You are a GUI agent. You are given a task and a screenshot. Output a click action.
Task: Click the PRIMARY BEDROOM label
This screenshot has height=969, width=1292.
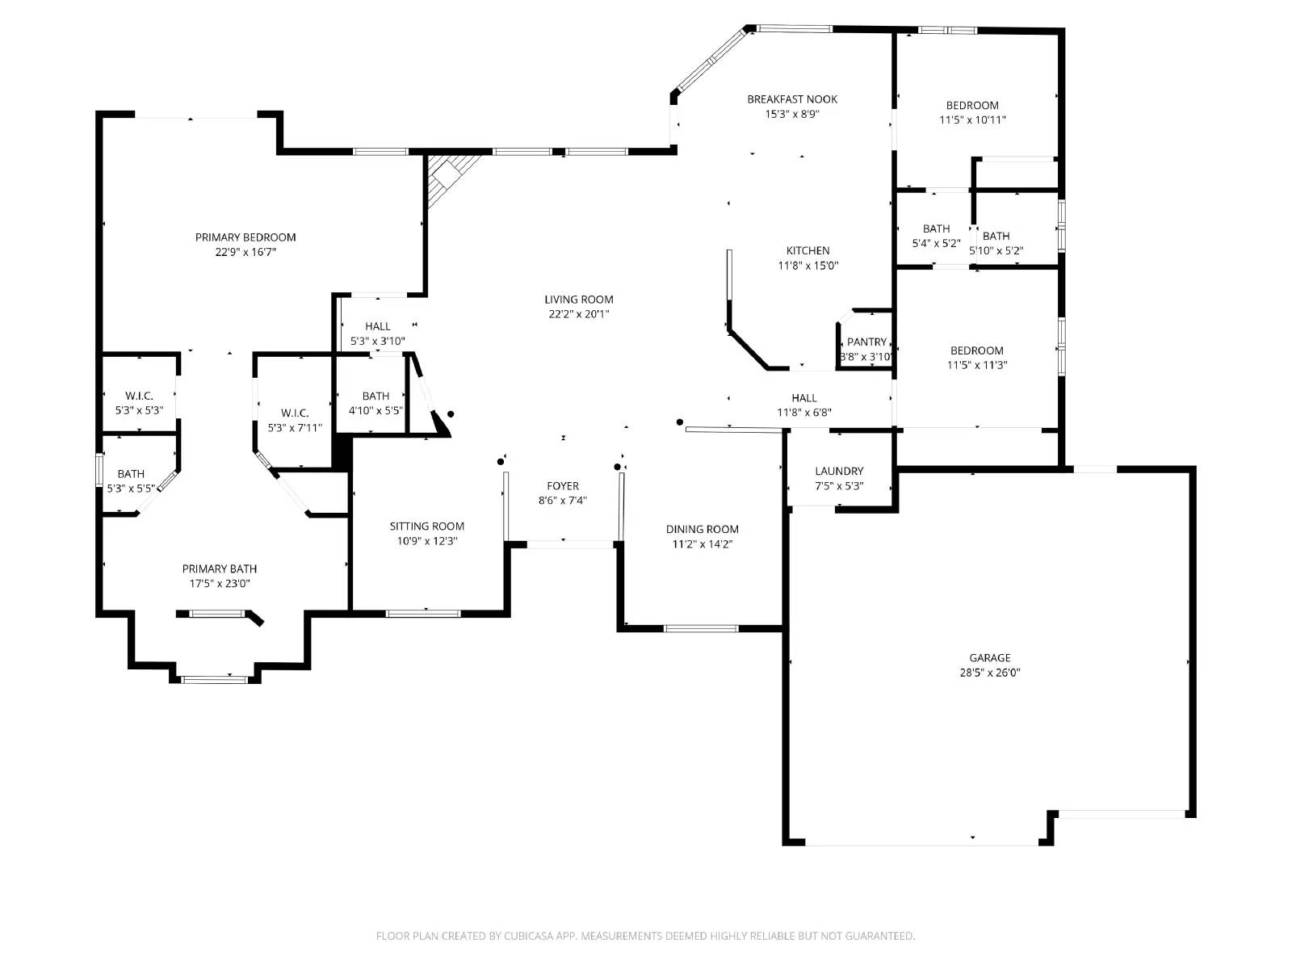[245, 237]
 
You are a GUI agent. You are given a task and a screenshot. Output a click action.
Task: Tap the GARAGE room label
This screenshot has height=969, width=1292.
[990, 658]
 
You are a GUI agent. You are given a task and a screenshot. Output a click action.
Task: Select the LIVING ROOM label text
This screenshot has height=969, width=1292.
[579, 300]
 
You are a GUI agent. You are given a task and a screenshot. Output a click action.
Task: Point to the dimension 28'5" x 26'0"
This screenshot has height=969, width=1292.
[990, 673]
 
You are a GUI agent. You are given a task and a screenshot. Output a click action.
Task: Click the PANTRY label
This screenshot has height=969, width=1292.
[866, 342]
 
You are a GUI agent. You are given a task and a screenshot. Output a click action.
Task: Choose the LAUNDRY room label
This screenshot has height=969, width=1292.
[839, 472]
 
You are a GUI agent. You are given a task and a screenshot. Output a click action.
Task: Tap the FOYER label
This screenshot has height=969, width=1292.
[563, 486]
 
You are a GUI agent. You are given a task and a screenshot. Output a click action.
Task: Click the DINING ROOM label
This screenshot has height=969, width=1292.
[703, 530]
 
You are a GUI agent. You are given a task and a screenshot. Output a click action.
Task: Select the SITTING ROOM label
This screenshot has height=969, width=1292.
[426, 526]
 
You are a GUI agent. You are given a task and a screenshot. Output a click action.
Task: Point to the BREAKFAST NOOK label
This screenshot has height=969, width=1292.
[792, 99]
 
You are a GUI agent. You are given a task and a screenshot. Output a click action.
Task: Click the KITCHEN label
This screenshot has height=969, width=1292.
[808, 250]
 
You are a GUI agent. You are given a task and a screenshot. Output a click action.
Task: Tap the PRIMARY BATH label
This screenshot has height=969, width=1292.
[220, 569]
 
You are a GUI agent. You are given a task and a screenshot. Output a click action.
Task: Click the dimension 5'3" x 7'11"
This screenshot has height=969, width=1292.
[295, 428]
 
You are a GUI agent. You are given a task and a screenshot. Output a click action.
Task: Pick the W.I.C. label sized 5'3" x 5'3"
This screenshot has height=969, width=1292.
[139, 396]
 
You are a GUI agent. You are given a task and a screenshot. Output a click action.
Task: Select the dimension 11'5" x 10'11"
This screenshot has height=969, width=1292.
[972, 120]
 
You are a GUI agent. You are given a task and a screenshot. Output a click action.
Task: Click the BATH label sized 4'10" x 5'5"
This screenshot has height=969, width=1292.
[375, 396]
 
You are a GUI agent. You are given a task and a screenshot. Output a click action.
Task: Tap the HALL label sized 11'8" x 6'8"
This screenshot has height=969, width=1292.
[804, 398]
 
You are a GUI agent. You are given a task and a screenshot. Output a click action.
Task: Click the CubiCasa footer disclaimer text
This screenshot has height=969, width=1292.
[646, 936]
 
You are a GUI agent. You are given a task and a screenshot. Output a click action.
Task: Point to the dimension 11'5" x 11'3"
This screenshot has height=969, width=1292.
[977, 365]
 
